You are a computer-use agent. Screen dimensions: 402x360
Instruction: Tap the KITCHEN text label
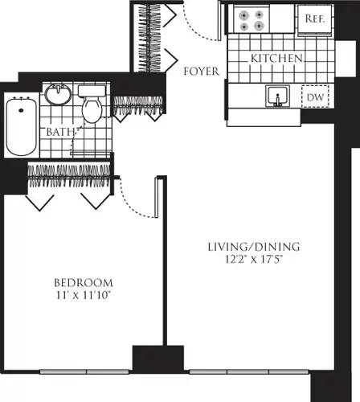276,59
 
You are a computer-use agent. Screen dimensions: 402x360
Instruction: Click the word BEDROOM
83,283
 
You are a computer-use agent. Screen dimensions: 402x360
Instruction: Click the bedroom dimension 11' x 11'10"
83,296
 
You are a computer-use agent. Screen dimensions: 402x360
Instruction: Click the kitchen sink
278,97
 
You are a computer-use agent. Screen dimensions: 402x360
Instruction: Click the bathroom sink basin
56,94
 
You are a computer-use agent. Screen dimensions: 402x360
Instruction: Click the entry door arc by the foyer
198,24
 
